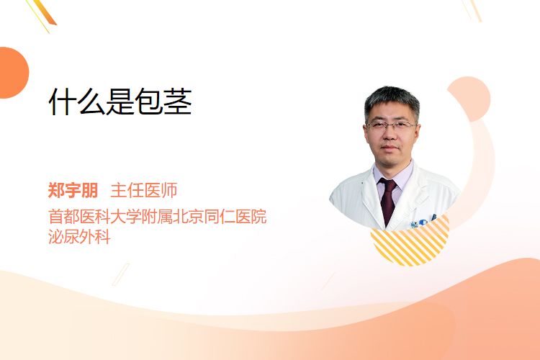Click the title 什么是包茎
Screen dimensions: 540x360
120,102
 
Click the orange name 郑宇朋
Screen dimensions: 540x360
73,190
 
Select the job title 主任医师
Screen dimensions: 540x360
144,190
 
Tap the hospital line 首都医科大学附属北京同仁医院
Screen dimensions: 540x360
158,217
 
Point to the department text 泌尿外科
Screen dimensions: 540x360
79,237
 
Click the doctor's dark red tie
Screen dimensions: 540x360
388,201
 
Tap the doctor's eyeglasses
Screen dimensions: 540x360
390,125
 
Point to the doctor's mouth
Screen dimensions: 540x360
390,148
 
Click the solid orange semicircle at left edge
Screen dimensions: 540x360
13,73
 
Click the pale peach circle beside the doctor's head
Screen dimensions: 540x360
469,99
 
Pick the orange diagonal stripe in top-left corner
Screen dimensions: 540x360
45,13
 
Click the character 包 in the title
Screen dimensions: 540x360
149,102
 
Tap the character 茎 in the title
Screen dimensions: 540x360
178,102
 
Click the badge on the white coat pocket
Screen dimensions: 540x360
423,222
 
